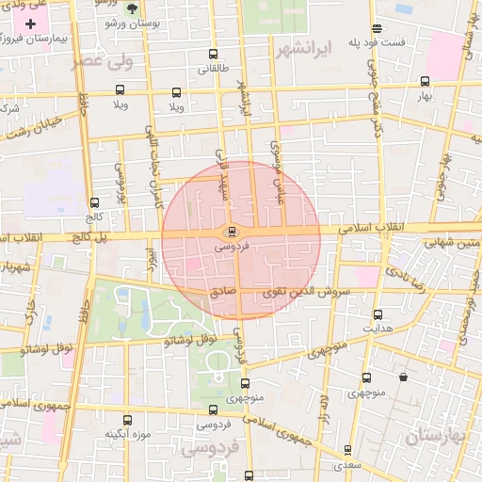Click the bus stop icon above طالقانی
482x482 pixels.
coord(214,55)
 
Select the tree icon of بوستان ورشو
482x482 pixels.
coord(131,7)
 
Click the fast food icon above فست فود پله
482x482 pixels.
coord(378,28)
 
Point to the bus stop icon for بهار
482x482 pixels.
coord(425,81)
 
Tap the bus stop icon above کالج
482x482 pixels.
coord(93,201)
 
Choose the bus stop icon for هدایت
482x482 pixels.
coord(378,314)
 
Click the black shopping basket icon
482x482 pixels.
coord(404,378)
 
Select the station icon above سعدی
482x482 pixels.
coord(347,450)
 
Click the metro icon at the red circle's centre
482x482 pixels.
coord(233,232)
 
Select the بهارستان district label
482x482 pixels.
coord(437,437)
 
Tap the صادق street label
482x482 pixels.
coord(223,293)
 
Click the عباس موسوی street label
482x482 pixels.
coord(276,161)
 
